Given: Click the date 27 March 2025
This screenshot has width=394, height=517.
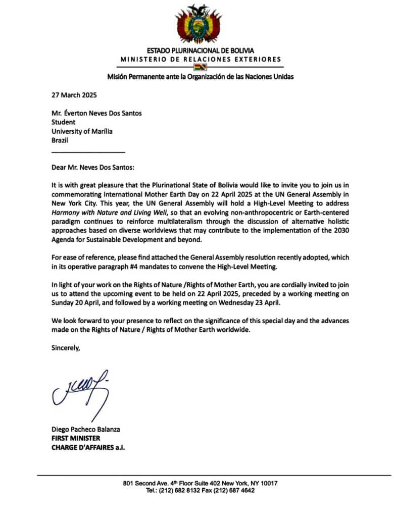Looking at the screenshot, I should pos(74,95).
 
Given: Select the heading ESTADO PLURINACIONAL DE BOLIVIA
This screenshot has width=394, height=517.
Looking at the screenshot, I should pos(201,50).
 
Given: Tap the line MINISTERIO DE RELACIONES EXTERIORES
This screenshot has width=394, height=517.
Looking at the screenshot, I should pos(201,60).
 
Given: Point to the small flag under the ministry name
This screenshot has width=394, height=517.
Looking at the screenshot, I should pos(201,68).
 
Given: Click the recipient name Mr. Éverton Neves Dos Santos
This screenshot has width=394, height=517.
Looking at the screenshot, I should pos(96,113).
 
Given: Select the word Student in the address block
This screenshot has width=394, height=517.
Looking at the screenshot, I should pos(63,122).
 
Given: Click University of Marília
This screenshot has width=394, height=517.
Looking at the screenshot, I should pos(82,131).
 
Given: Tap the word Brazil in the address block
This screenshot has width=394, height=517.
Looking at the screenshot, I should pos(60,140).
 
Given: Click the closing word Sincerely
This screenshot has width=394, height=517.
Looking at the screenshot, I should pos(66,348).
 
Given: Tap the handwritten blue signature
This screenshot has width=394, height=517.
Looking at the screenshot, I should pos(81,391).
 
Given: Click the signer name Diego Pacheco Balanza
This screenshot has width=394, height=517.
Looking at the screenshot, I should pos(86,429).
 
